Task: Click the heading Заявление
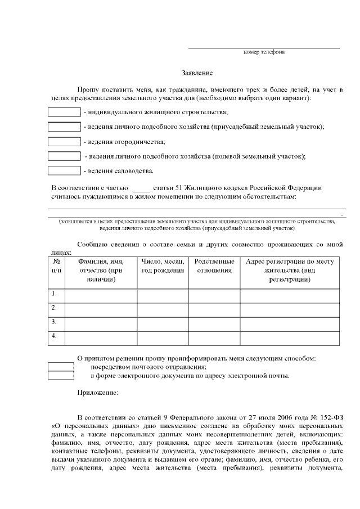[x=197, y=73]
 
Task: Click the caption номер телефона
[x=263, y=52]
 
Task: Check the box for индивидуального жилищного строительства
[x=64, y=112]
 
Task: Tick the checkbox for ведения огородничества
[x=64, y=141]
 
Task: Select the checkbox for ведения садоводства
[x=64, y=170]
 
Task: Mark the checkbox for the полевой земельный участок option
[x=64, y=155]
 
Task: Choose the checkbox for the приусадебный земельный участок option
[x=64, y=127]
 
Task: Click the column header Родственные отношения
[x=214, y=266]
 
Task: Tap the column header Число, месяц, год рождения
[x=163, y=266]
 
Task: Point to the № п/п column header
[x=56, y=266]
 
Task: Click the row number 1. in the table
[x=54, y=294]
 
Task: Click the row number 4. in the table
[x=54, y=336]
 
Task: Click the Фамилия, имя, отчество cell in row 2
[x=101, y=308]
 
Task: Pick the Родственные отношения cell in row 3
[x=214, y=323]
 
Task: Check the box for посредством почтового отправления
[x=61, y=367]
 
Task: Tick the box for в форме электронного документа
[x=61, y=376]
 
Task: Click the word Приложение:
[x=97, y=393]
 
